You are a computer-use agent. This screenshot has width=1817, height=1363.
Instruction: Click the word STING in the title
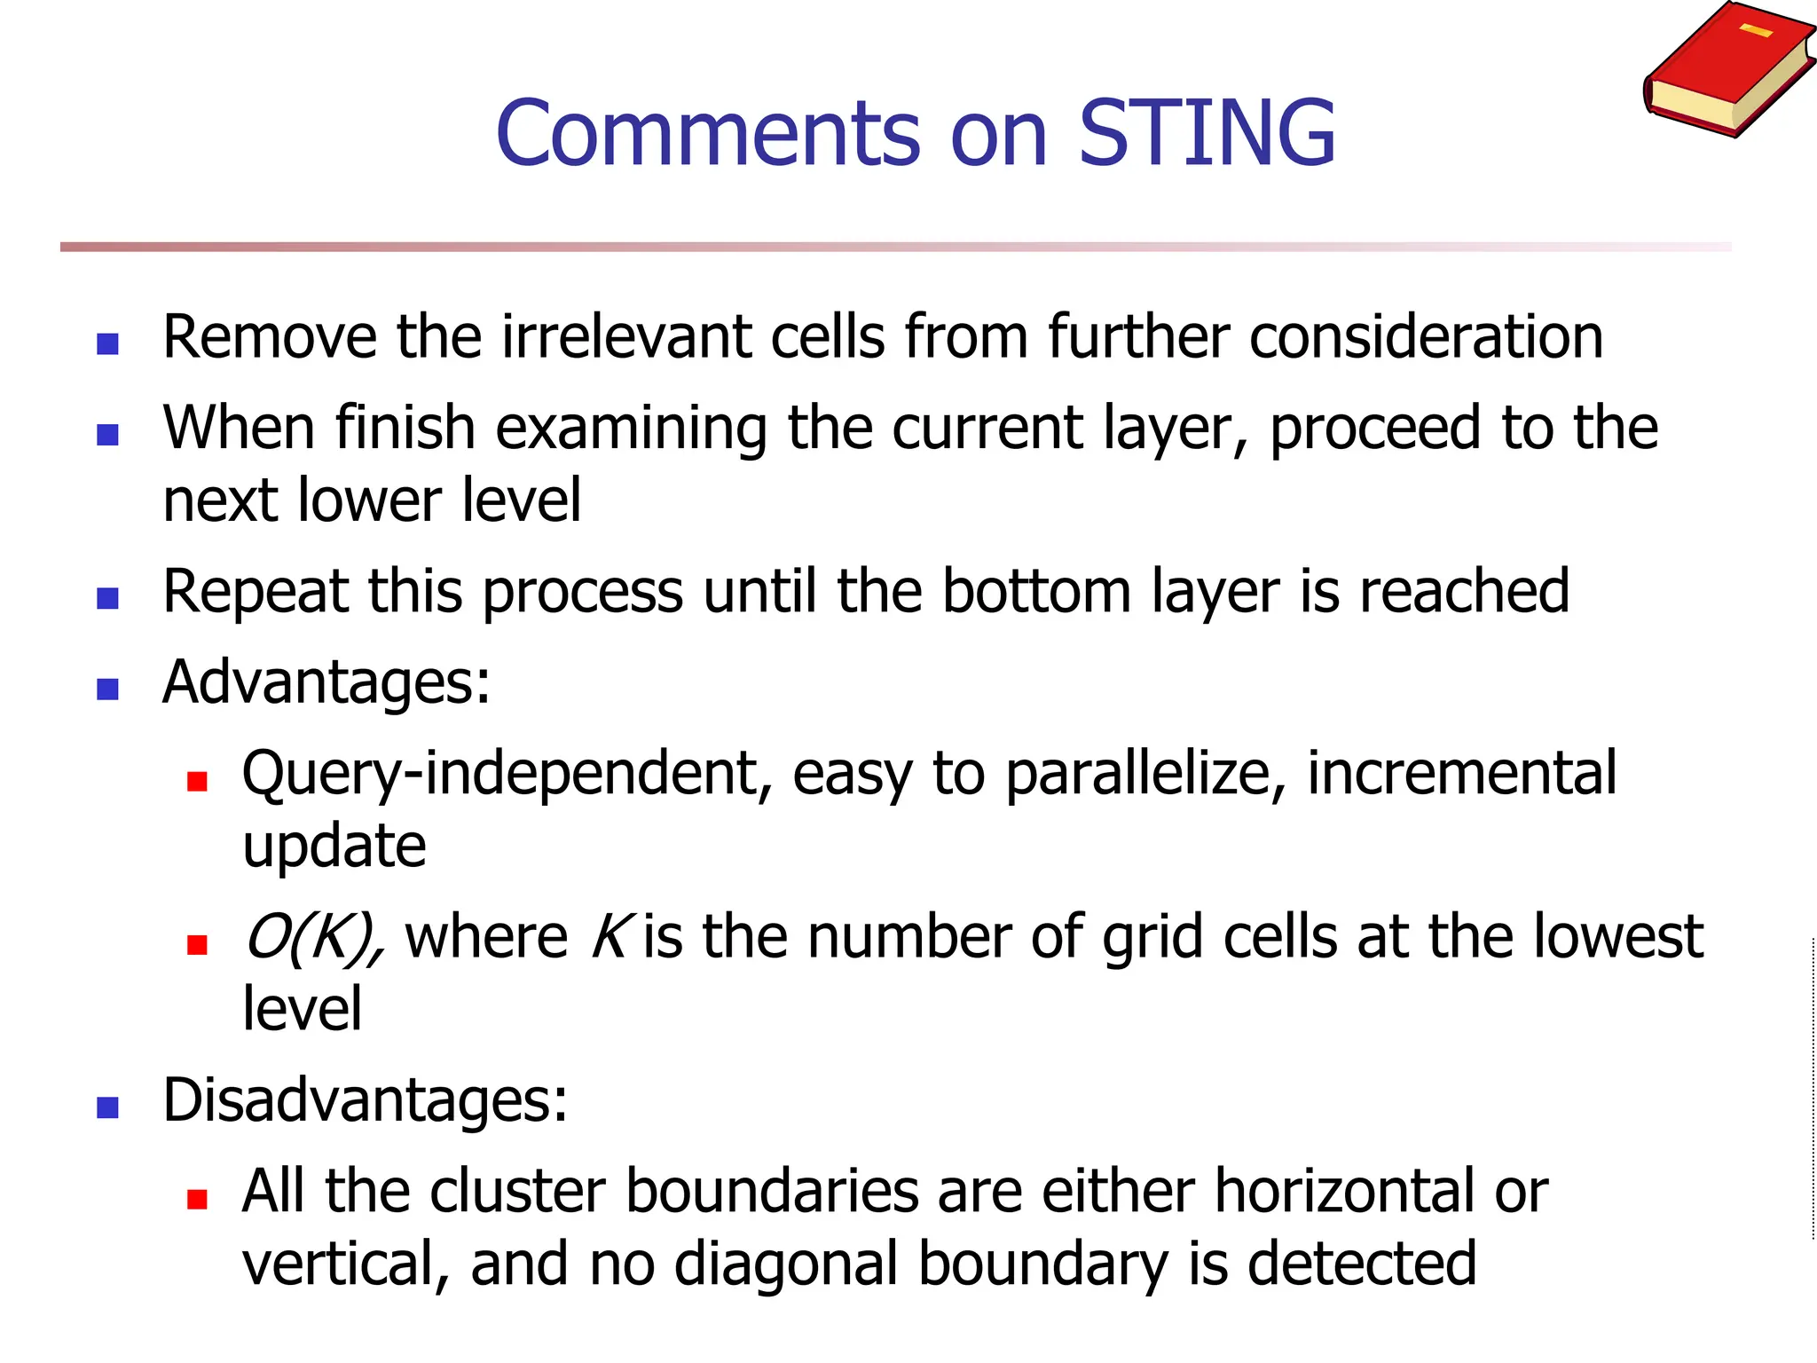pos(1207,133)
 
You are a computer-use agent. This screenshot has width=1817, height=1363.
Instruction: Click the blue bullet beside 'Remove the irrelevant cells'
pos(107,343)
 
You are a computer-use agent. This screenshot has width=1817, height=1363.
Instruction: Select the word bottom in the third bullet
pos(1036,592)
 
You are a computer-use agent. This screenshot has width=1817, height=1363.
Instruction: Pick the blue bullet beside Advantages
pos(107,689)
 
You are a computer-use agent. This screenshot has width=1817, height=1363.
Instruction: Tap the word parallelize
pos(1145,775)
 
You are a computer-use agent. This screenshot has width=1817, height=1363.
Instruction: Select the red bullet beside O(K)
pos(197,944)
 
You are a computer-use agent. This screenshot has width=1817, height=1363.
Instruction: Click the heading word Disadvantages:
pos(365,1101)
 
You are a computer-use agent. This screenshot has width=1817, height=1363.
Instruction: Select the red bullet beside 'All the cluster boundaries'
pos(197,1200)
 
